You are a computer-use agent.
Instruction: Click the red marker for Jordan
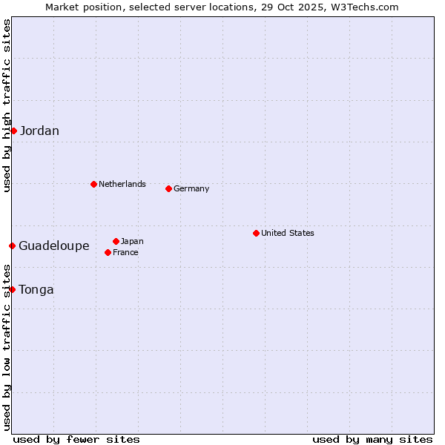(x=13, y=131)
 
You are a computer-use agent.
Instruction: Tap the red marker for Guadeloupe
(x=13, y=245)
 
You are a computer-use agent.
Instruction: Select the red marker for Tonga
(x=13, y=289)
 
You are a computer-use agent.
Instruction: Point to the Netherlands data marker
(x=93, y=184)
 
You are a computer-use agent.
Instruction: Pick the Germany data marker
(x=168, y=188)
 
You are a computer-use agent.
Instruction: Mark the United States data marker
(x=256, y=233)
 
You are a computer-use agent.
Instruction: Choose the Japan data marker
(x=116, y=241)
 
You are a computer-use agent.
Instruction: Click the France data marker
(x=108, y=252)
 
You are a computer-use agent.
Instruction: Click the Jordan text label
(x=39, y=131)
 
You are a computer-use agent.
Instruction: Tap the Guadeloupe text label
(x=54, y=245)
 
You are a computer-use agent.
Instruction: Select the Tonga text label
(x=36, y=289)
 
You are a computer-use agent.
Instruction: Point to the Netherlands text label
(x=122, y=184)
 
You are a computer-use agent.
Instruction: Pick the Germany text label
(x=191, y=188)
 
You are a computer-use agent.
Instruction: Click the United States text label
(x=288, y=233)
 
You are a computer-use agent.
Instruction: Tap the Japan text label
(x=132, y=241)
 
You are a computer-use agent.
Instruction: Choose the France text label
(x=125, y=252)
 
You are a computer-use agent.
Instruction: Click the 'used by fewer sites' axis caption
(x=76, y=439)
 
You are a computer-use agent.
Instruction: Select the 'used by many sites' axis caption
(x=372, y=439)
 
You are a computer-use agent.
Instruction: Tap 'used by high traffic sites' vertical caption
(x=7, y=105)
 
